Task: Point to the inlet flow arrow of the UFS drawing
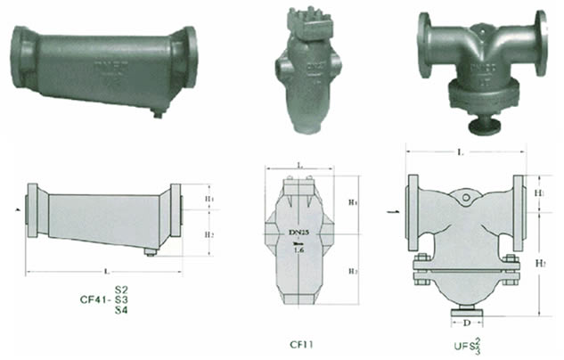(392, 212)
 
